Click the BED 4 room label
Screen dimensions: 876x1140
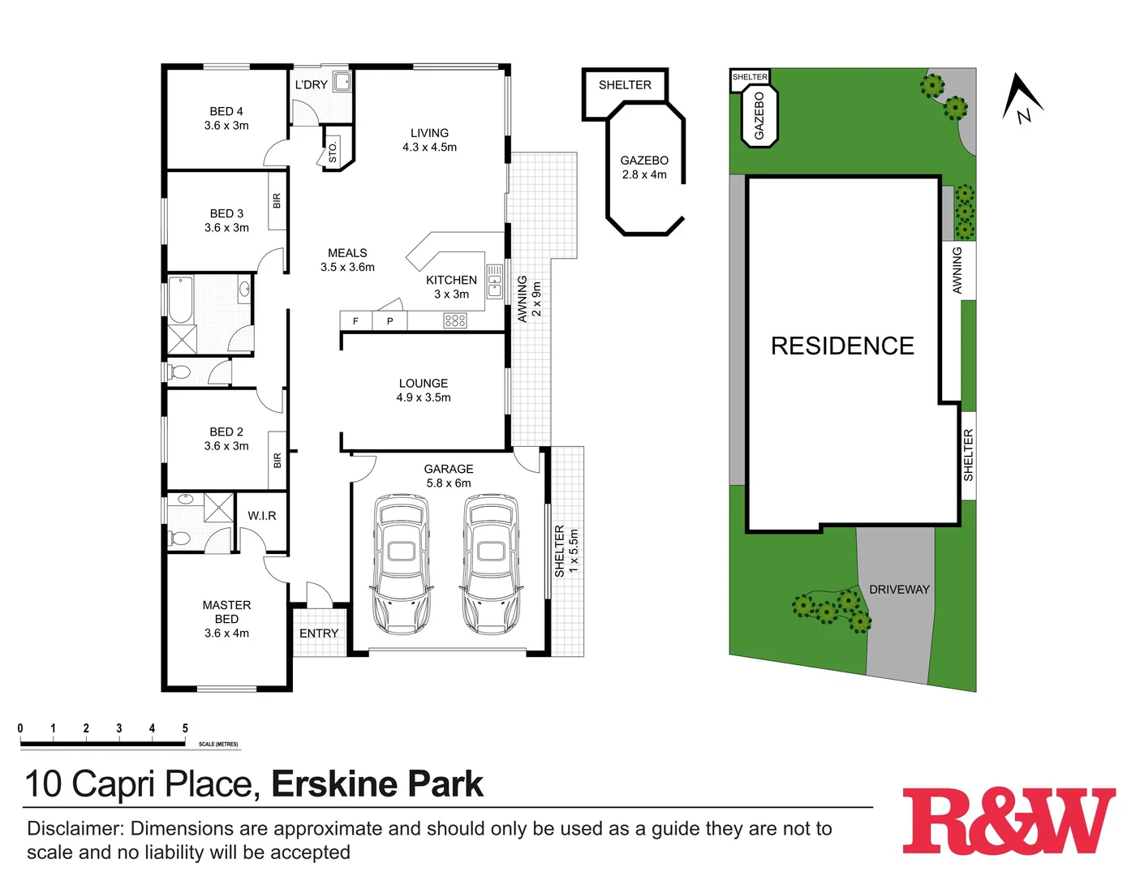226,111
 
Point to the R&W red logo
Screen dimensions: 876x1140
1009,821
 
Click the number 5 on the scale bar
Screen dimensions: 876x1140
185,728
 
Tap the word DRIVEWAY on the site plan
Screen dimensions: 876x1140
899,590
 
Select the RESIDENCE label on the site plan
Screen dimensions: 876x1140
842,346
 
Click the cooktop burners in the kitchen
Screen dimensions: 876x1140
455,321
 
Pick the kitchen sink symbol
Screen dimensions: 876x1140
494,281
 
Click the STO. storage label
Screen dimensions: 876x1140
333,152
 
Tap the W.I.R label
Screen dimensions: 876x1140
262,516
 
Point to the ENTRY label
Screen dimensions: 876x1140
319,633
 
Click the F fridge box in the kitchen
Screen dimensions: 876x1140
355,321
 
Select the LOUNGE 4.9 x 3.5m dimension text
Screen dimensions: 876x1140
424,397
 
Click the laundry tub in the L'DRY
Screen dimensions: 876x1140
343,81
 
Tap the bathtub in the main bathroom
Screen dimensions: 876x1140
180,298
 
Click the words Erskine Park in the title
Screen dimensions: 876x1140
377,784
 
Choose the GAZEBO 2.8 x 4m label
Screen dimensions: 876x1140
644,167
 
